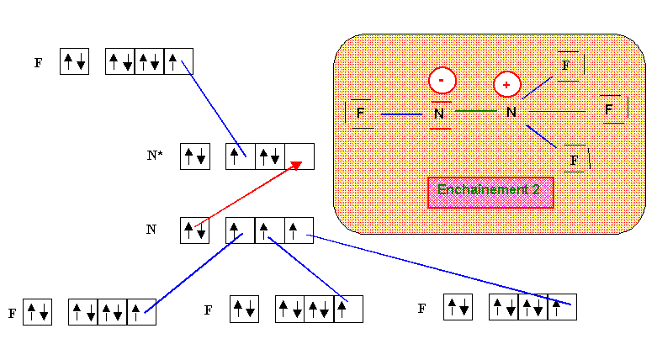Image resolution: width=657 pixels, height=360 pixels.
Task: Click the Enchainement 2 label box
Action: coord(490,192)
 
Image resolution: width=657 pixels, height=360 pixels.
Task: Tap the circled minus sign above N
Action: coord(442,81)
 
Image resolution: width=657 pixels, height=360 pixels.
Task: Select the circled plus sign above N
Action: coord(506,84)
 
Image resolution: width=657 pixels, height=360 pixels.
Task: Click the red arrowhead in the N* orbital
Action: coord(295,165)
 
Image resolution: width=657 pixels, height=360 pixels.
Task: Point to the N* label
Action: coord(155,156)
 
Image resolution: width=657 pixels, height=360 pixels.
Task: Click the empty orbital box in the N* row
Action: coord(299,156)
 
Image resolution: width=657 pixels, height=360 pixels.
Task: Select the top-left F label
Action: coord(38,63)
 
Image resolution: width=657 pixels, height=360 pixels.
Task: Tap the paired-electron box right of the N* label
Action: coord(194,156)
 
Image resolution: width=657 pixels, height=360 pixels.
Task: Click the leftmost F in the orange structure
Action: coord(360,113)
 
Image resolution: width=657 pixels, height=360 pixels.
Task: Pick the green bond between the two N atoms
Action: coord(475,111)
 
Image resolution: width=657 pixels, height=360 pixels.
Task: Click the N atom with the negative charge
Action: coord(439,114)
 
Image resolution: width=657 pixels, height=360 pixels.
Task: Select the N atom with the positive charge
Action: coord(510,112)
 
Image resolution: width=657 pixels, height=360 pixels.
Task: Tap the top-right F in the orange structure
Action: coord(566,65)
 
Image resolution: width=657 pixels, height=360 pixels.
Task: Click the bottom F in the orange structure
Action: coord(575,159)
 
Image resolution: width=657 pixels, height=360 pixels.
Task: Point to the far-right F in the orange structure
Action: coord(609,110)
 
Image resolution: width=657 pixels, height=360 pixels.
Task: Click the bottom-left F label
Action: coord(13,314)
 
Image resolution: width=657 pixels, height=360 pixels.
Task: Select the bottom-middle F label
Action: coord(208,310)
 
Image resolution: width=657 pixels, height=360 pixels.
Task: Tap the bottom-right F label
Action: coord(421,309)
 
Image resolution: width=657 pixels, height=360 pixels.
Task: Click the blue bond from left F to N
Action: coord(401,114)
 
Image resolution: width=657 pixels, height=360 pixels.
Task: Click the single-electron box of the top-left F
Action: coord(178,61)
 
